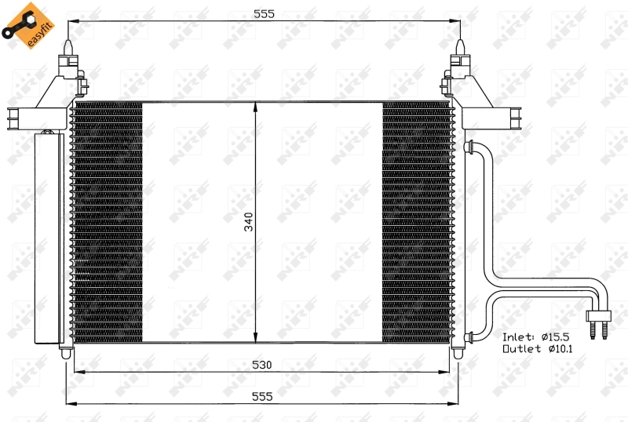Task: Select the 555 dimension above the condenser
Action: coord(263,13)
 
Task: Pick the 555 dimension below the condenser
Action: coord(263,397)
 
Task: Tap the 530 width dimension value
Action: coord(263,365)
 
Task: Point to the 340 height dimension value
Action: coord(249,223)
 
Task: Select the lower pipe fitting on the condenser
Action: coord(470,337)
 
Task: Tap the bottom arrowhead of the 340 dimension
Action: coord(255,338)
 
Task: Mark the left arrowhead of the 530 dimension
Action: coord(77,373)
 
